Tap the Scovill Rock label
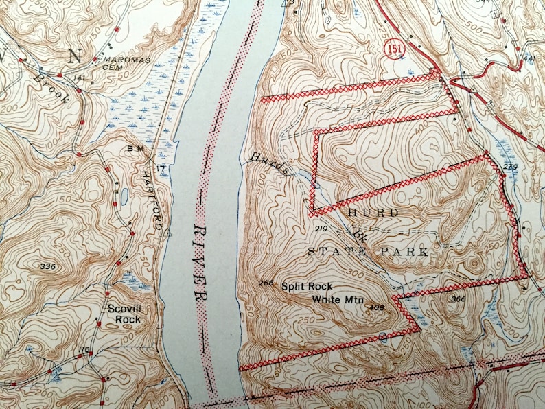tap(124, 314)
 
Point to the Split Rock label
tap(307, 286)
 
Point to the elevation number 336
tap(47, 266)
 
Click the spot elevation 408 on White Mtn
tap(375, 307)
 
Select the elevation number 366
tap(459, 299)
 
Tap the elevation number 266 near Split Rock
tap(267, 283)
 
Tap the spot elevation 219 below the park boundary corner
tap(321, 227)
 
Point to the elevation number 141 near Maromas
tap(80, 78)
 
